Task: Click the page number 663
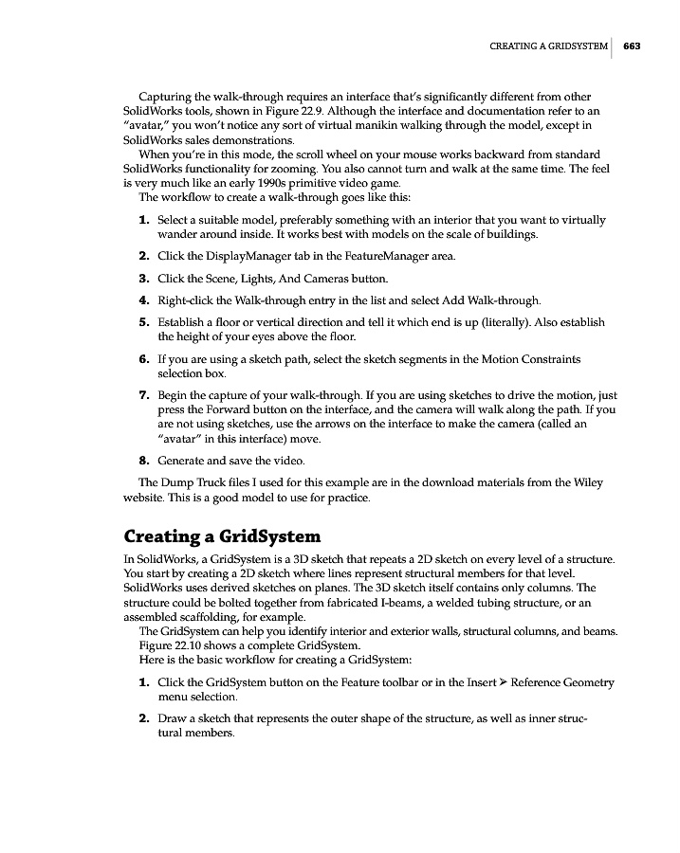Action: coord(633,45)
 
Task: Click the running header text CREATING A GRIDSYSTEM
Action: coord(549,45)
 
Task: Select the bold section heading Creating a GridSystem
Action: coord(223,536)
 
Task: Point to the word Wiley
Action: coord(587,482)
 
